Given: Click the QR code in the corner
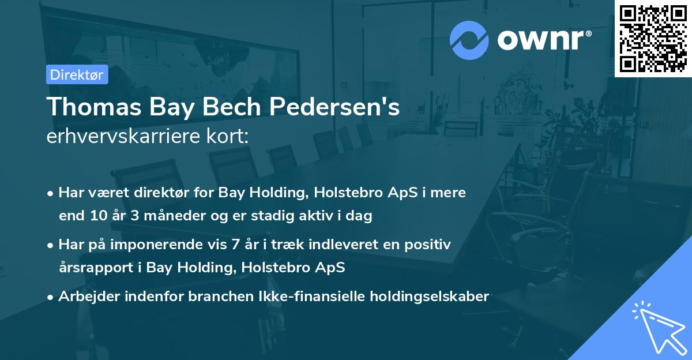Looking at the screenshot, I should (653, 38).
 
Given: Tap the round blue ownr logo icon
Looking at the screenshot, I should (469, 40).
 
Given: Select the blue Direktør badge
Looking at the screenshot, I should (77, 74).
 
